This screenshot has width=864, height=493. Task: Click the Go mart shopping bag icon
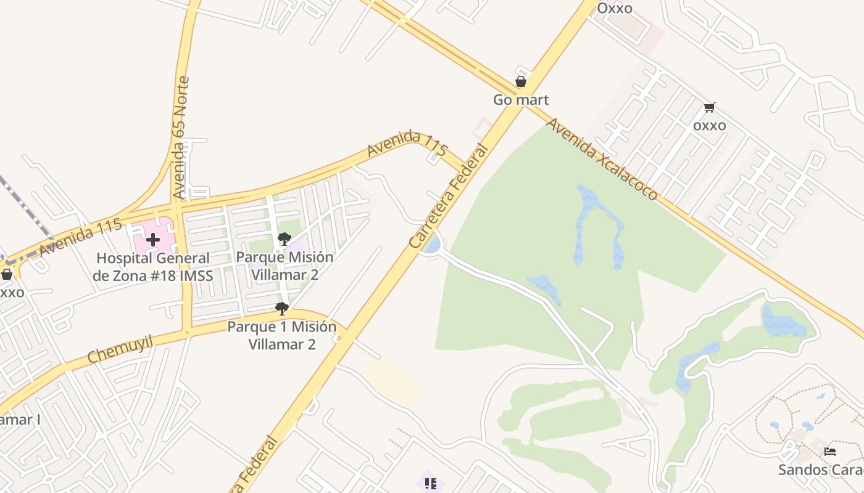tap(521, 81)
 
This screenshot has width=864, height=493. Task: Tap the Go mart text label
tap(521, 99)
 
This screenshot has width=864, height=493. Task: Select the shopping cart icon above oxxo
tap(710, 108)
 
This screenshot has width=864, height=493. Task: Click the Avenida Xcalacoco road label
tap(602, 160)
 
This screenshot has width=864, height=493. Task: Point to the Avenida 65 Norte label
tap(181, 137)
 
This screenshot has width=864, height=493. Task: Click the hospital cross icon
tap(153, 239)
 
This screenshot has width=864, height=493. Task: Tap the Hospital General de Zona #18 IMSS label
tap(153, 267)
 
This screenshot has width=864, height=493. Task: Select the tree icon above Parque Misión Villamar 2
tap(284, 238)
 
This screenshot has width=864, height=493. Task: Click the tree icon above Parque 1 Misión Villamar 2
tap(282, 308)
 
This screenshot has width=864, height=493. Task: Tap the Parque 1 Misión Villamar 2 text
tap(282, 335)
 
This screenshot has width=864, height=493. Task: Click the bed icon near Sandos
tap(830, 452)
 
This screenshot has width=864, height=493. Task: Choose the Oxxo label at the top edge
tap(615, 8)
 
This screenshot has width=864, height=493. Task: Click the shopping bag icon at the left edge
tap(7, 274)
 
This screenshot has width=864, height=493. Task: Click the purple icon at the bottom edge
tap(431, 483)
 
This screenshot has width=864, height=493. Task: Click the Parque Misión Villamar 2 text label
tap(284, 266)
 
